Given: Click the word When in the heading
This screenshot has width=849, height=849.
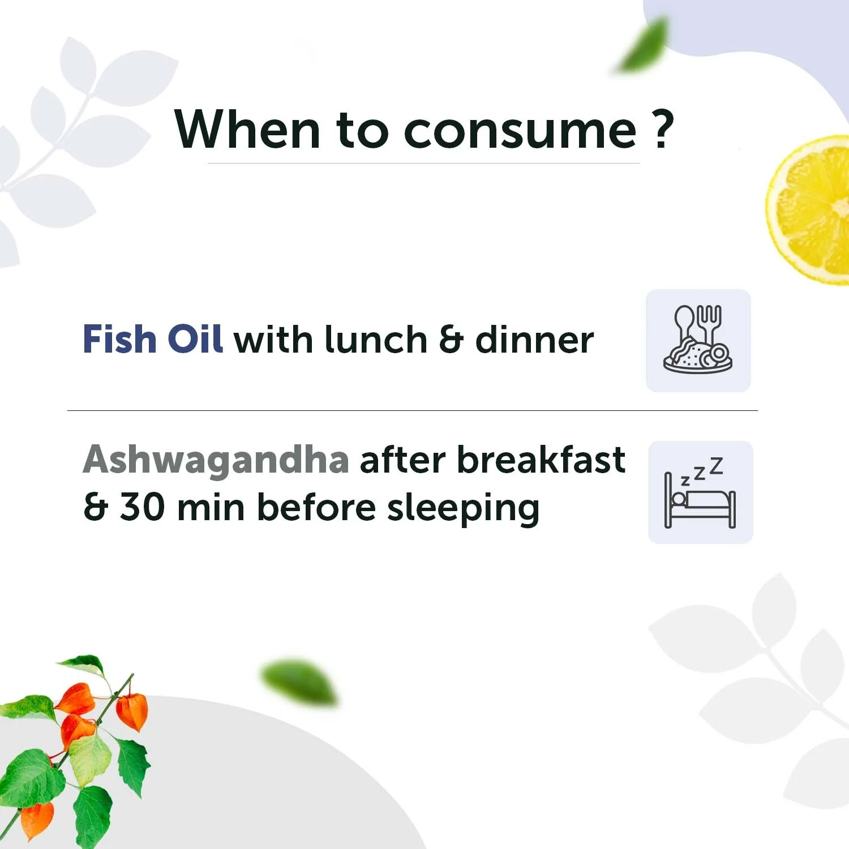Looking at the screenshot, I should coord(248,130).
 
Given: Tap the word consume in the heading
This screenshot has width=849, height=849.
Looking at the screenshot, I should coord(520,131).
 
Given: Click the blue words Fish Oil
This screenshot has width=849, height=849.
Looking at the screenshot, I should coord(152,339).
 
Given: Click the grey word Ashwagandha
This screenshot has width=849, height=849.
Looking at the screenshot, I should coord(216,460).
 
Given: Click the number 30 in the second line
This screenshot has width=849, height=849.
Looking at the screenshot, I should coord(142,507).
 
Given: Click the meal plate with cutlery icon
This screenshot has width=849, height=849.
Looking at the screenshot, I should coord(698,340).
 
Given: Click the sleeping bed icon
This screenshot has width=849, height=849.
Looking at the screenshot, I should coord(700,492).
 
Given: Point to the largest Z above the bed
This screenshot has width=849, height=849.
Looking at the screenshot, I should coord(717,465).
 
